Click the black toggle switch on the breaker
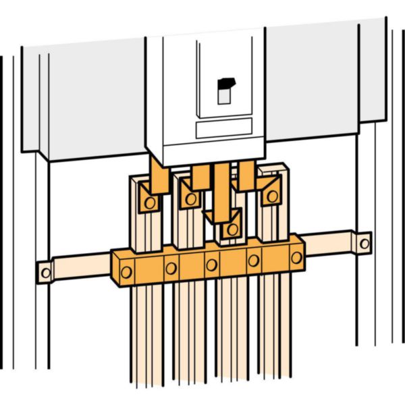point(225,84)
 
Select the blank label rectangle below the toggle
point(223,128)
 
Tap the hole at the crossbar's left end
point(45,273)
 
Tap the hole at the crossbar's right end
point(364,242)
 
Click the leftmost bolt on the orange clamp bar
point(126,273)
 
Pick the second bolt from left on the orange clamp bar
point(171,268)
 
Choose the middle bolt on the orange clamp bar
point(212,264)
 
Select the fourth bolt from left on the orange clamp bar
point(254,260)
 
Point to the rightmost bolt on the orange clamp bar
point(296,256)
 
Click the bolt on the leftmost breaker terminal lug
point(150,202)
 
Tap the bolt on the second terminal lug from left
point(191,198)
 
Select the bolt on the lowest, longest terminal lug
point(232,230)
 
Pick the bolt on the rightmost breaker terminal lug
point(271,196)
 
